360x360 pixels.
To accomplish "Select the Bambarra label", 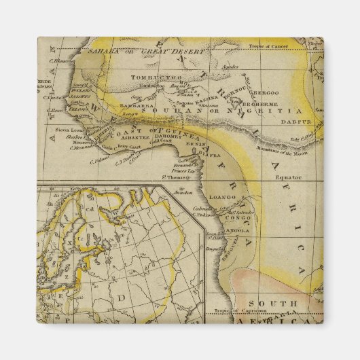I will pyautogui.click(x=133, y=106).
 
